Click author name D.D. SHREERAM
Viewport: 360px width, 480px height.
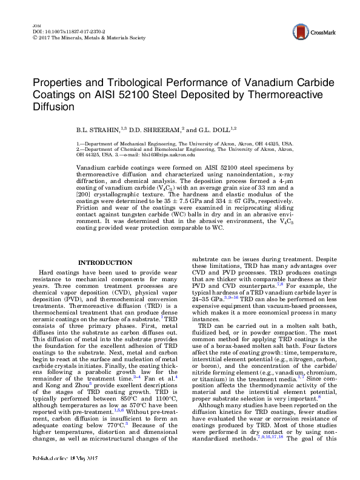coord(145,130)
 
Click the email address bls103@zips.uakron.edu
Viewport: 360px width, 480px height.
coord(168,155)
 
